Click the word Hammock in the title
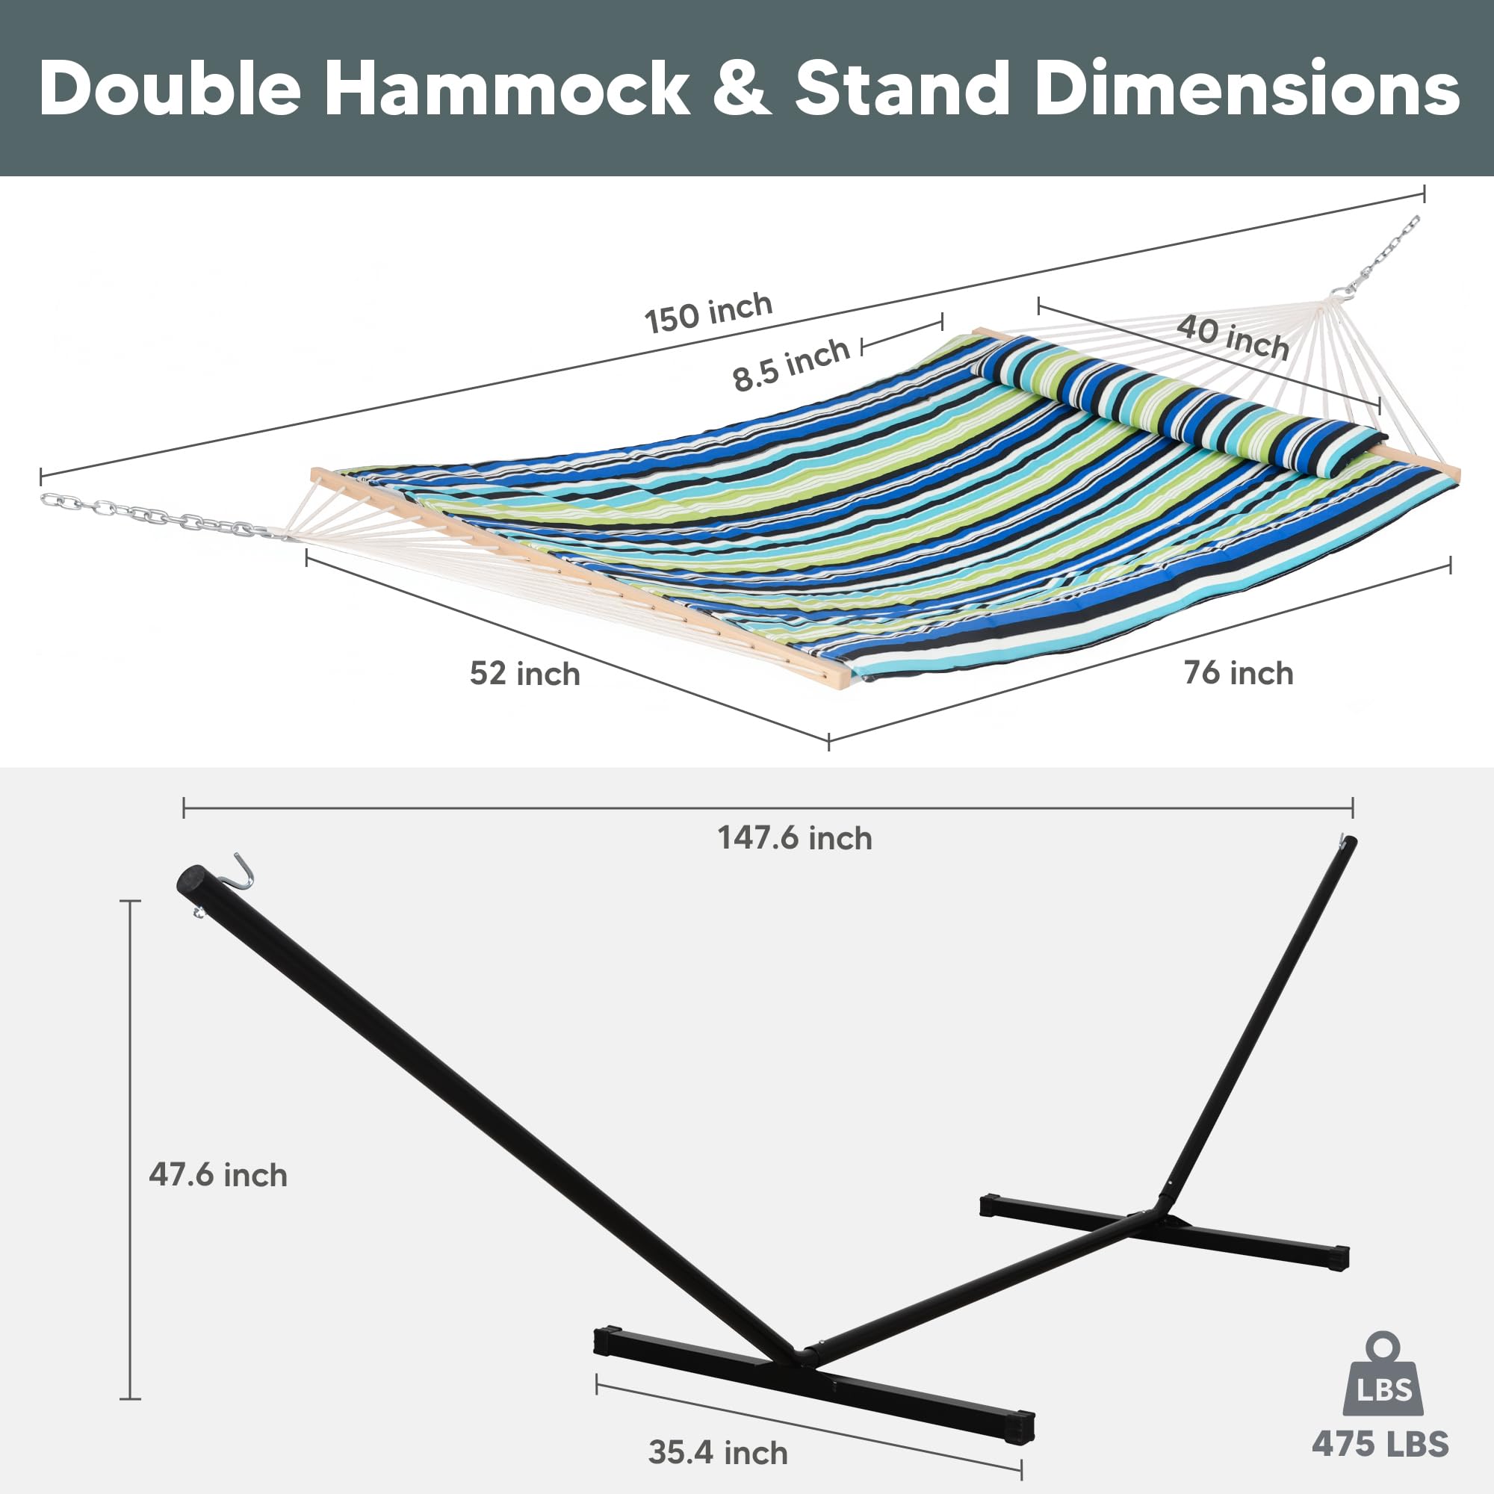(506, 89)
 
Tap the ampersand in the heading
(741, 89)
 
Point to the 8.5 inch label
(790, 364)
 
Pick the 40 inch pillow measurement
(1233, 337)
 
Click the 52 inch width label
(524, 674)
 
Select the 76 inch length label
(1238, 673)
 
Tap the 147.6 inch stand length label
(794, 838)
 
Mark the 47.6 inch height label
(218, 1174)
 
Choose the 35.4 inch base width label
(718, 1452)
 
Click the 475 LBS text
(1380, 1444)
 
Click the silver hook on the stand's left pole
(246, 872)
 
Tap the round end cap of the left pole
(192, 881)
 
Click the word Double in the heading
(170, 89)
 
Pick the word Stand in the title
(902, 89)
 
